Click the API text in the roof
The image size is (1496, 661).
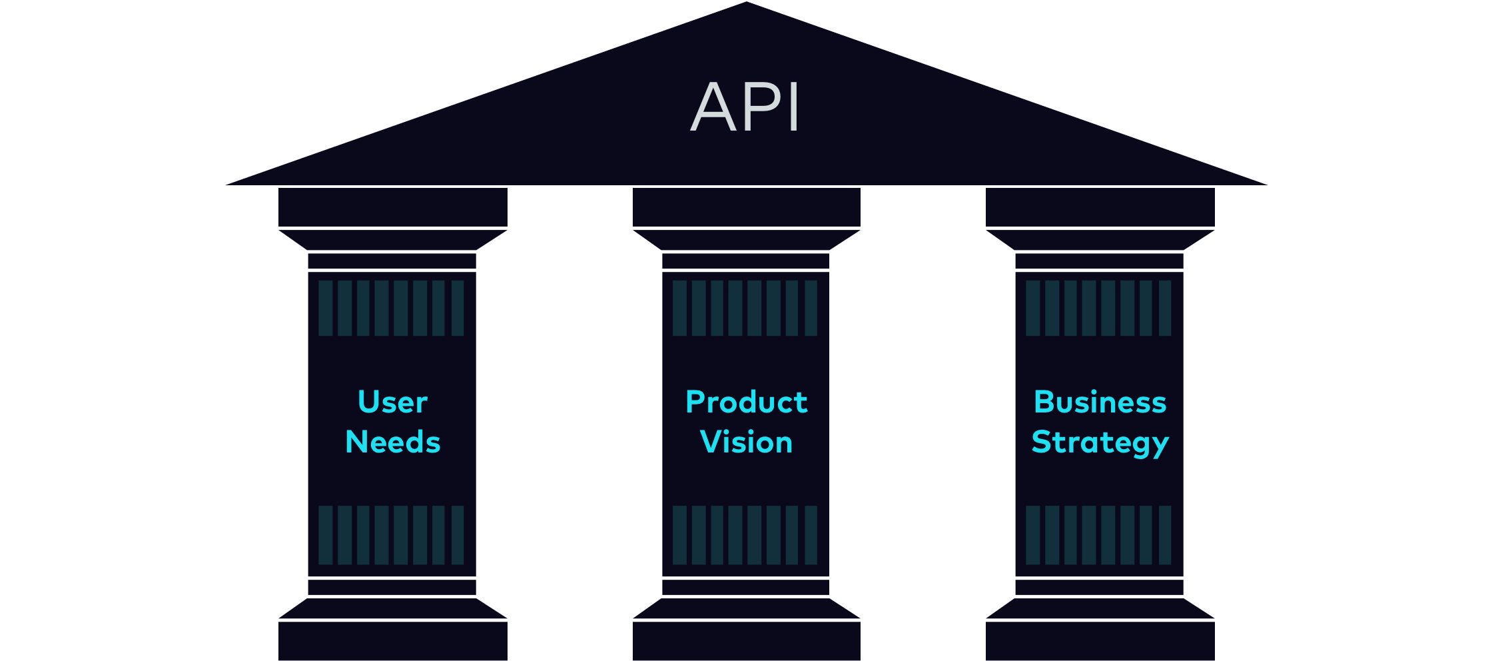coord(745,107)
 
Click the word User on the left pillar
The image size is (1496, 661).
coord(392,402)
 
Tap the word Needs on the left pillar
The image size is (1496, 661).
coord(392,442)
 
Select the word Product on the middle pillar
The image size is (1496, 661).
coord(746,402)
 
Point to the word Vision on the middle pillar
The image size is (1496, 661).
coord(746,442)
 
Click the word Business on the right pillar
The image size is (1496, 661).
coord(1100,402)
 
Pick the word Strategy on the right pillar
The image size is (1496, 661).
coord(1100,443)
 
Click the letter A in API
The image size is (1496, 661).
coord(712,107)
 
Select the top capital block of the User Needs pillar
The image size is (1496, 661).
coord(392,207)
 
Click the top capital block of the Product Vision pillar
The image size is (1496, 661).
coord(746,207)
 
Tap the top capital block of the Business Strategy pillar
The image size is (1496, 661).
coord(1100,207)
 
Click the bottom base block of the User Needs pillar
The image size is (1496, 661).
coord(392,640)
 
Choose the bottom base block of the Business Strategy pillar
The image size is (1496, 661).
coord(1100,640)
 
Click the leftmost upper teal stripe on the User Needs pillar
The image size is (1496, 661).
coord(325,308)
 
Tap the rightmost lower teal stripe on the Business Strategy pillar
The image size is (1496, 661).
coord(1165,534)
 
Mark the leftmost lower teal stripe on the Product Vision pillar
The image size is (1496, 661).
coord(679,534)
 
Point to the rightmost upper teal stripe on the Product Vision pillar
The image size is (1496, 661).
coord(811,308)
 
